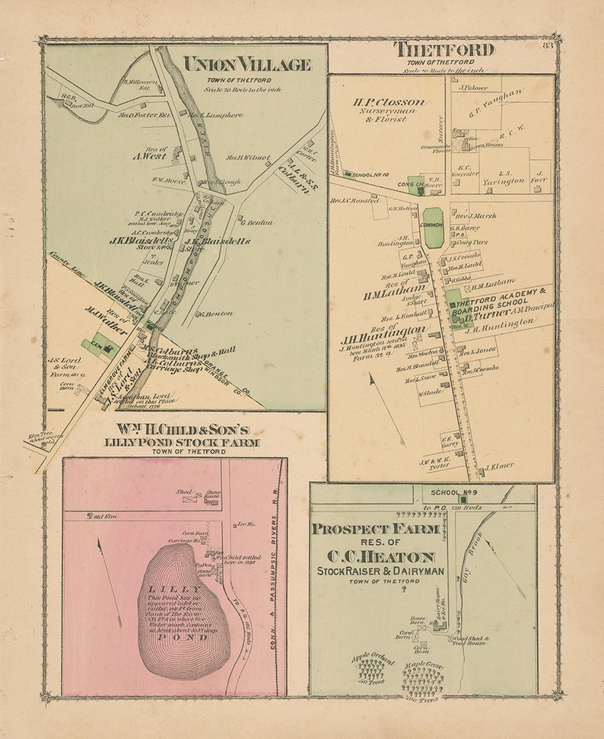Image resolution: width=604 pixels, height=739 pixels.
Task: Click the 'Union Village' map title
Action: click(247, 65)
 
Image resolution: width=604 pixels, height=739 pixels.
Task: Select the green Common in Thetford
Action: click(433, 228)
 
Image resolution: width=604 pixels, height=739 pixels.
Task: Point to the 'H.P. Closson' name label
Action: click(389, 101)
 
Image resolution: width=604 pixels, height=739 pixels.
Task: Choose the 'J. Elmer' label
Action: click(500, 466)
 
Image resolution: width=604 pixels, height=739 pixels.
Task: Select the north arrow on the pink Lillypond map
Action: click(109, 571)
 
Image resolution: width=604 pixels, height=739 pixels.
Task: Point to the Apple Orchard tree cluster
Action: click(371, 669)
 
